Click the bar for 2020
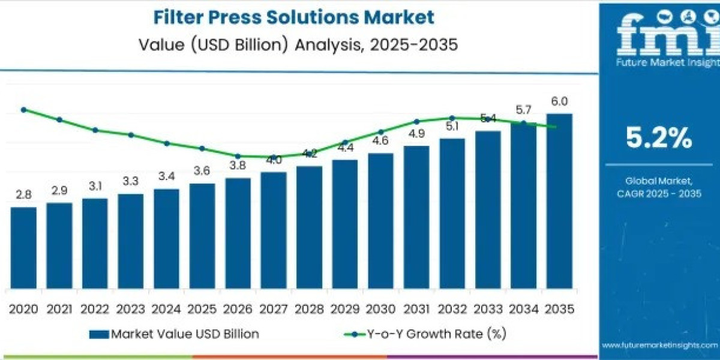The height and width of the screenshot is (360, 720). coord(23,247)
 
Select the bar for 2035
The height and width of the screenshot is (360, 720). coord(559,200)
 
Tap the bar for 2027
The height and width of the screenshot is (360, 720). coord(274,230)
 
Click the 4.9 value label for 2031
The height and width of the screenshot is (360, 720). coord(416,134)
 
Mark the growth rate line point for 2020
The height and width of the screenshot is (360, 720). coord(23,110)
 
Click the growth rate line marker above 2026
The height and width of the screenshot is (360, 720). coord(238,156)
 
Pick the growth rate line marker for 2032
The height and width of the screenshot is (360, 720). coord(452,118)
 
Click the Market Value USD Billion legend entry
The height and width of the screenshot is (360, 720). coord(174,334)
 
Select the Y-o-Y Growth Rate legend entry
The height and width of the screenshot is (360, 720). coord(420,334)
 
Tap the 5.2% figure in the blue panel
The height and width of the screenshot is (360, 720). coord(659,139)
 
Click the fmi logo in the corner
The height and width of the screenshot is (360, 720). coord(659,36)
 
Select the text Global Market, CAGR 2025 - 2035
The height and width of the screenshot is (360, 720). coord(659,187)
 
